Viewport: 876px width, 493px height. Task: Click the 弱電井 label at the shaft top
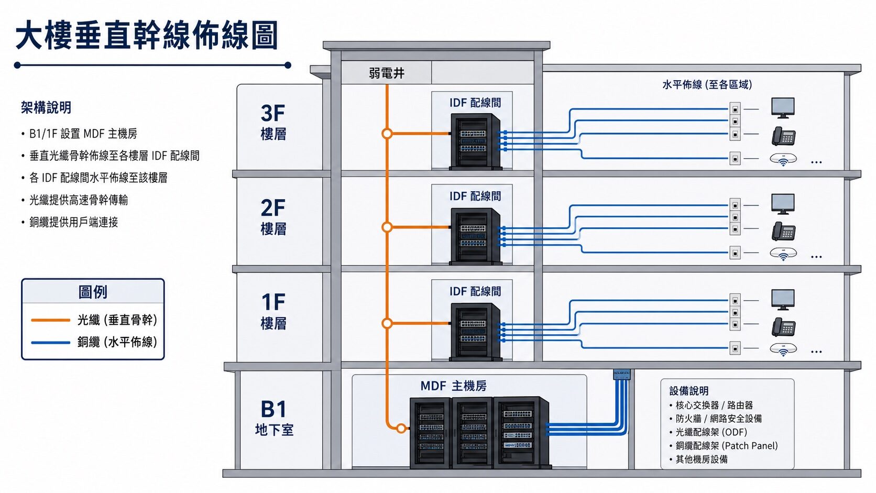[386, 73]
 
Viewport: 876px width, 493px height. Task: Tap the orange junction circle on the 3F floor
[387, 134]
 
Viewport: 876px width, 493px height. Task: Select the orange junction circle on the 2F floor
[387, 227]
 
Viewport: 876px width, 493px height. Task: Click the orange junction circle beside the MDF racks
[401, 429]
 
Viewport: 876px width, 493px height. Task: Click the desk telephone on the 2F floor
[784, 231]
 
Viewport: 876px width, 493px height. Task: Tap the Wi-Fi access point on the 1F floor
[783, 349]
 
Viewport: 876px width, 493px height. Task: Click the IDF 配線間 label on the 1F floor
[475, 291]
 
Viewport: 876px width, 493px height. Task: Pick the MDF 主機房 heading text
[454, 386]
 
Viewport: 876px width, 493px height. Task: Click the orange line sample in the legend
[50, 320]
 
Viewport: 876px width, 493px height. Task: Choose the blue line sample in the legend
[50, 343]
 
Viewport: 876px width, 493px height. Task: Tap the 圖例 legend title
[93, 292]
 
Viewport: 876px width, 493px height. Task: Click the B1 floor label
[273, 410]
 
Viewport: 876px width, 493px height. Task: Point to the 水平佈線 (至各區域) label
[707, 84]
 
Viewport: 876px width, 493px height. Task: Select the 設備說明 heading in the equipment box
[688, 391]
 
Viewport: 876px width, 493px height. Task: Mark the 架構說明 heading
[46, 107]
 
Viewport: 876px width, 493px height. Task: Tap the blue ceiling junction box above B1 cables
[622, 374]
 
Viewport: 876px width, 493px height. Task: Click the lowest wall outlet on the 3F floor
[735, 158]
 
